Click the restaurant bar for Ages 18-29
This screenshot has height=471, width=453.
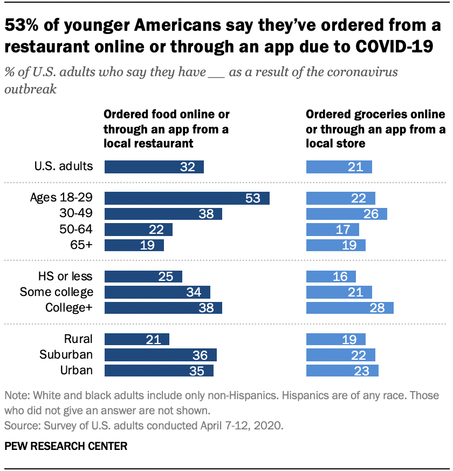pyautogui.click(x=187, y=198)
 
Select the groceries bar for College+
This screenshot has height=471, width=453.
pyautogui.click(x=349, y=308)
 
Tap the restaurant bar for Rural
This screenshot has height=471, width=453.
pyautogui.click(x=136, y=339)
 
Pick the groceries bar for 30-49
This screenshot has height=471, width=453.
pyautogui.click(x=346, y=214)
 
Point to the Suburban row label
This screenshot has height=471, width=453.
pyautogui.click(x=66, y=355)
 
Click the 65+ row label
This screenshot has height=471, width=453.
pyautogui.click(x=81, y=245)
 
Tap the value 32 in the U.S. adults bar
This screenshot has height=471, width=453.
pyautogui.click(x=187, y=167)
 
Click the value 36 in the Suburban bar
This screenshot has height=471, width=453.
pyautogui.click(x=200, y=355)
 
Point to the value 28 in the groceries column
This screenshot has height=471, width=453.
pyautogui.click(x=377, y=308)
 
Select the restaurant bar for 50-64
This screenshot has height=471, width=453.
pyautogui.click(x=138, y=230)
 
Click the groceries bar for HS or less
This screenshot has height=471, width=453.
pyautogui.click(x=331, y=277)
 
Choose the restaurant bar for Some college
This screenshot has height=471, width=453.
pyautogui.click(x=157, y=292)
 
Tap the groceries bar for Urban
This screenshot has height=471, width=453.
pyautogui.click(x=342, y=371)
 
